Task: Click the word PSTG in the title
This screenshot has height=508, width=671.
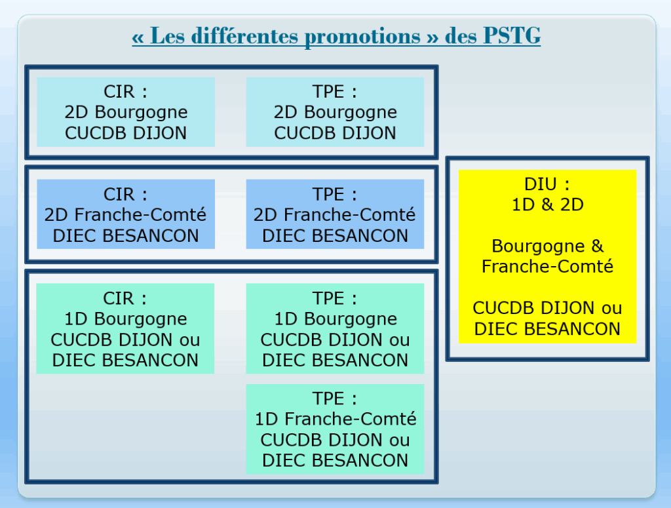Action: [512, 35]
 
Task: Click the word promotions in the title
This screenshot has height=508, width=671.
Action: [362, 37]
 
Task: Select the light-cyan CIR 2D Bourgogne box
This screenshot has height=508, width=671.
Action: [126, 112]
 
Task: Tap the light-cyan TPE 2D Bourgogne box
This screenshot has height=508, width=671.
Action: [335, 112]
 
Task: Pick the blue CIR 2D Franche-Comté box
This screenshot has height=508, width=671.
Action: [126, 214]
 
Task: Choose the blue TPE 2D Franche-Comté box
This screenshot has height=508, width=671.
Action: [335, 214]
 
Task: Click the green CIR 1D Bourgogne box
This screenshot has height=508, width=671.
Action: [125, 328]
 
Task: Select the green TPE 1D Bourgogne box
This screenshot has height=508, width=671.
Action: [335, 328]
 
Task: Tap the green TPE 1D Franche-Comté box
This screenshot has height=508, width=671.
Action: [335, 429]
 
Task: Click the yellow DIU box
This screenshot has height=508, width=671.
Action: [547, 257]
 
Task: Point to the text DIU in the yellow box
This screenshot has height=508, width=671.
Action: [541, 184]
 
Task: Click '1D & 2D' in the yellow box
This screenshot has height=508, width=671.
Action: [548, 205]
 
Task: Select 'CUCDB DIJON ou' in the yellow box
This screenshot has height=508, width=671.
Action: [547, 308]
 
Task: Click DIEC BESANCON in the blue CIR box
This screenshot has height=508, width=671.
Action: [126, 236]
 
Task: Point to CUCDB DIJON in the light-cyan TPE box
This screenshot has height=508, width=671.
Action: [335, 133]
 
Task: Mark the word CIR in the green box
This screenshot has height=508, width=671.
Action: [118, 298]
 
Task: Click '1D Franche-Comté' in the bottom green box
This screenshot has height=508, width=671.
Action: [335, 419]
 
